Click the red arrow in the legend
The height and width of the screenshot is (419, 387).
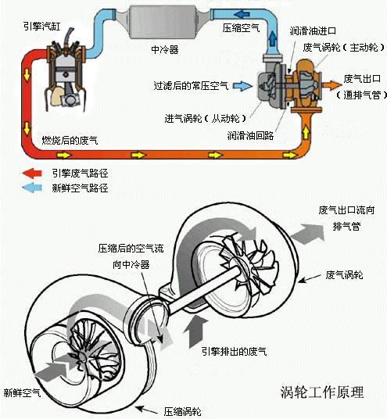[34, 173]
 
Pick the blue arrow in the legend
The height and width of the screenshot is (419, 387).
[34, 188]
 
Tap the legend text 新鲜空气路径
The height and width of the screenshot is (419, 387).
[78, 188]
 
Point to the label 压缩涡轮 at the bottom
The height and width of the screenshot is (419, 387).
[182, 410]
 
